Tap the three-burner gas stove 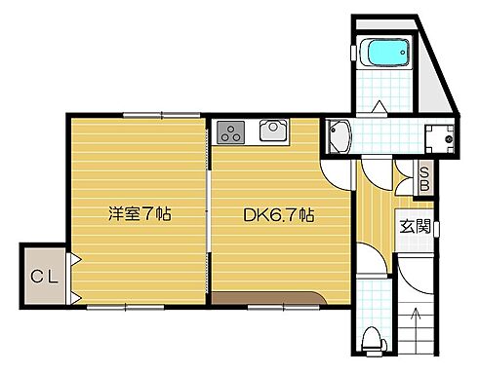232,131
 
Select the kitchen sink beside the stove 272,131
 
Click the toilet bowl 370,338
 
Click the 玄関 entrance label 414,228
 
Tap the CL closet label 44,276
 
